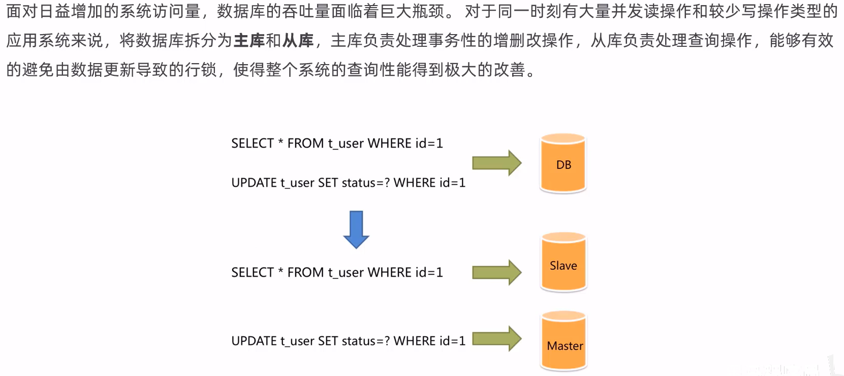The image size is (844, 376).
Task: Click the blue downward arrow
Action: [356, 229]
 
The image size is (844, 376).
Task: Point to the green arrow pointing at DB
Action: [496, 163]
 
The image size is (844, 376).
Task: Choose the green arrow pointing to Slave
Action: [496, 272]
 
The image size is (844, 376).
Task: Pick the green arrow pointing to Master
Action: [496, 339]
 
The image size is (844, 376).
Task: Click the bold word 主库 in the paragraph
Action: [249, 40]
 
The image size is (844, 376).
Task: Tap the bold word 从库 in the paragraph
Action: [298, 40]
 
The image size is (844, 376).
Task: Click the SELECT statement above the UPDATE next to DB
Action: [337, 143]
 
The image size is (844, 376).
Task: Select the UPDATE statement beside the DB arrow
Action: [348, 183]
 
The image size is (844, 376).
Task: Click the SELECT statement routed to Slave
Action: [337, 273]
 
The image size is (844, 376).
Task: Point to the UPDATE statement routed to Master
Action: [348, 341]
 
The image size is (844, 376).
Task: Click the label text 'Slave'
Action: [563, 266]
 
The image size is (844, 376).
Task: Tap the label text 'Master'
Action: [565, 346]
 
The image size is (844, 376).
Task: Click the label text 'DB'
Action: [564, 165]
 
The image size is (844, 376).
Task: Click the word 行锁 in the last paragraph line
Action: [201, 70]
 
